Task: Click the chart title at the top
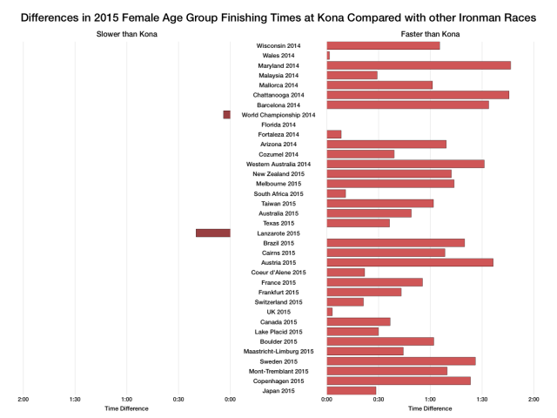[278, 17]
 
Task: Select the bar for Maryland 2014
[418, 65]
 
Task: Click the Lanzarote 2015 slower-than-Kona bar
[212, 233]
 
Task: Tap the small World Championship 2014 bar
[226, 114]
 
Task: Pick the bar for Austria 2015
[409, 262]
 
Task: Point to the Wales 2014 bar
[328, 55]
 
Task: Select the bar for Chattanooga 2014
[417, 94]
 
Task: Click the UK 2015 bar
[329, 312]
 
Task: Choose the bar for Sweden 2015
[400, 361]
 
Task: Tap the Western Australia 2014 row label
[278, 164]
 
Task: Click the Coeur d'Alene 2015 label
[278, 273]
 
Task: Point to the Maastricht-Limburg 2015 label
[278, 351]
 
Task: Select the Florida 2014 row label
[278, 125]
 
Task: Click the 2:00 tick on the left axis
[23, 400]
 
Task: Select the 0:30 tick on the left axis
[178, 400]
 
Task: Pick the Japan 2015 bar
[351, 391]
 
